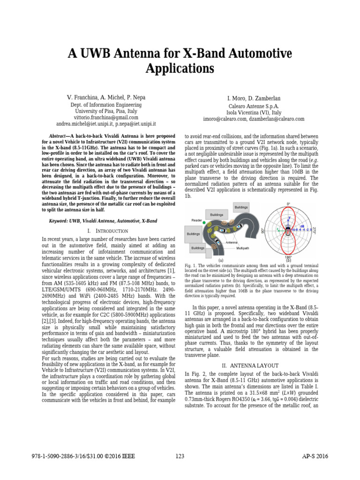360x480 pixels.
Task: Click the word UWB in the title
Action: coord(100,52)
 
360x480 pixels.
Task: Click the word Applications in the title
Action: coord(180,68)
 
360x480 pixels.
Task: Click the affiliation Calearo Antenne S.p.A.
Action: coord(253,106)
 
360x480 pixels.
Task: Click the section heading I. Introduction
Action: coord(108,231)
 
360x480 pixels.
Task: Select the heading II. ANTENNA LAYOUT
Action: coord(253,366)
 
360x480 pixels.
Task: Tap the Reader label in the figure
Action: coord(197,220)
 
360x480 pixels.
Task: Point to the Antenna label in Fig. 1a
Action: coord(232,242)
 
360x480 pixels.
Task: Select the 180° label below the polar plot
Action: coord(288,257)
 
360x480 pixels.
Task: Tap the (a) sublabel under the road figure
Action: coord(220,260)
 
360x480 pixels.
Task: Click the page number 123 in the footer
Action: coord(180,456)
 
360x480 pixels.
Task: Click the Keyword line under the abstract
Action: coord(103,220)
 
